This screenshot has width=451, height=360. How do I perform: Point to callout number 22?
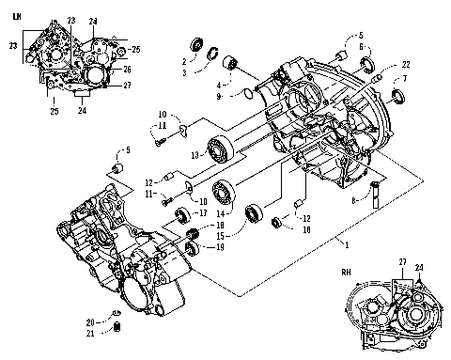(405, 64)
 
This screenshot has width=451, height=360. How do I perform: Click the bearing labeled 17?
(177, 220)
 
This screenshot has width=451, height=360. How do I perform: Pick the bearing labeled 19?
(192, 249)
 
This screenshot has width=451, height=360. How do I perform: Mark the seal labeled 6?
(366, 66)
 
